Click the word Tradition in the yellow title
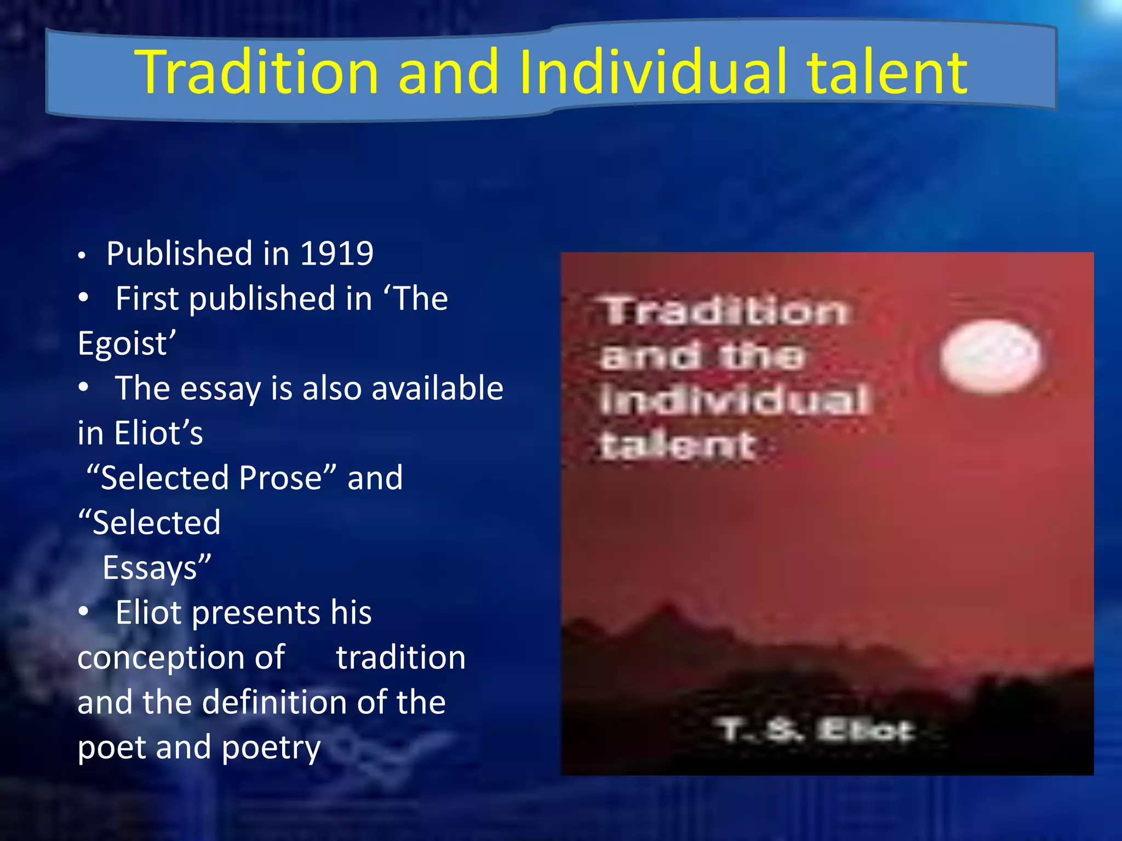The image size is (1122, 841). tap(257, 73)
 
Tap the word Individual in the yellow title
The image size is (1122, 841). tap(652, 73)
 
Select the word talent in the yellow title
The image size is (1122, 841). tap(887, 73)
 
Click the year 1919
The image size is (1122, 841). tap(337, 254)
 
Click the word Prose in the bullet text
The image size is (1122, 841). tap(280, 477)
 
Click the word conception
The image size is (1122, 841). tap(181, 657)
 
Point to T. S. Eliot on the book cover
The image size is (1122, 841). tap(816, 730)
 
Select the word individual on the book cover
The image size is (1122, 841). tap(734, 399)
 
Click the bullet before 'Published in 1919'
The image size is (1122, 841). tap(82, 256)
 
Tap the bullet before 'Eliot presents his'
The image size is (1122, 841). tap(83, 612)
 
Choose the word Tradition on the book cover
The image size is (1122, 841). tap(725, 311)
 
